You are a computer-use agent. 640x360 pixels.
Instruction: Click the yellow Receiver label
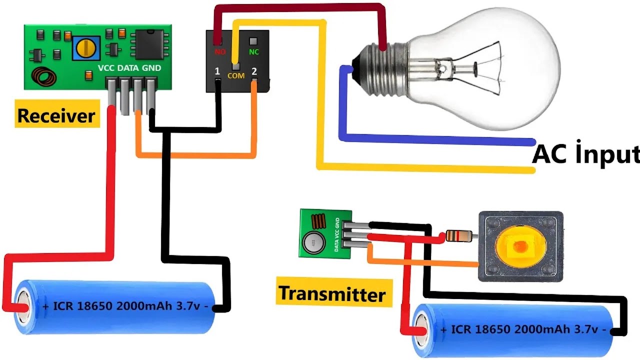click(x=55, y=116)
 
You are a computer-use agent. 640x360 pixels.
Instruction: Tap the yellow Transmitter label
click(x=331, y=293)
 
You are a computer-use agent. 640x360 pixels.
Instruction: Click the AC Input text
click(x=585, y=154)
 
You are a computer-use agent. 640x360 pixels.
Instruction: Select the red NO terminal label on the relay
click(x=220, y=51)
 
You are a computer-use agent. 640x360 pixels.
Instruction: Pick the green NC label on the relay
click(x=254, y=51)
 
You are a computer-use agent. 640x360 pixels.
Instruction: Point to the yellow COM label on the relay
click(x=236, y=75)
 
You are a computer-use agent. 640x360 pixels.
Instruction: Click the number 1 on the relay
click(x=217, y=71)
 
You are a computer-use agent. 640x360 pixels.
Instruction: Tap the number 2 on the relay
click(x=254, y=71)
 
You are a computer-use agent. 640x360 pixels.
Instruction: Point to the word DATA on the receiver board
click(x=129, y=68)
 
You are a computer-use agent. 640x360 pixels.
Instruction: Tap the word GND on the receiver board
click(x=152, y=68)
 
